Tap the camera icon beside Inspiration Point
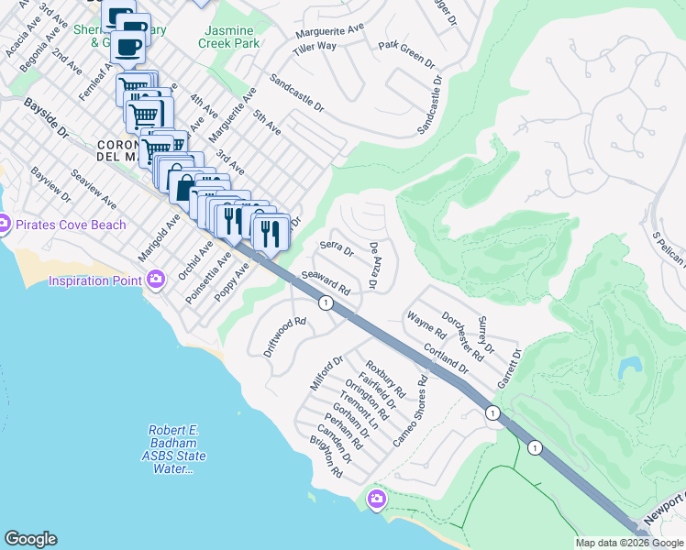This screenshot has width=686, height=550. [x=155, y=278]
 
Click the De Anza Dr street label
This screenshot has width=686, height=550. [x=374, y=267]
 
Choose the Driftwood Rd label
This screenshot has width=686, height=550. [x=284, y=336]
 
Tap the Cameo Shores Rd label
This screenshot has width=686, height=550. [x=410, y=400]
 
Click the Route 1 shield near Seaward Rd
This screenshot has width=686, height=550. [x=325, y=302]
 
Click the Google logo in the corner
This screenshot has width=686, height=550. [x=30, y=539]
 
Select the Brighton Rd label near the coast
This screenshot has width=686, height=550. [x=326, y=458]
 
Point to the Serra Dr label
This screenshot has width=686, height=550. [x=337, y=246]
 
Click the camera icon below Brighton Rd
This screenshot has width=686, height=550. [x=375, y=499]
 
